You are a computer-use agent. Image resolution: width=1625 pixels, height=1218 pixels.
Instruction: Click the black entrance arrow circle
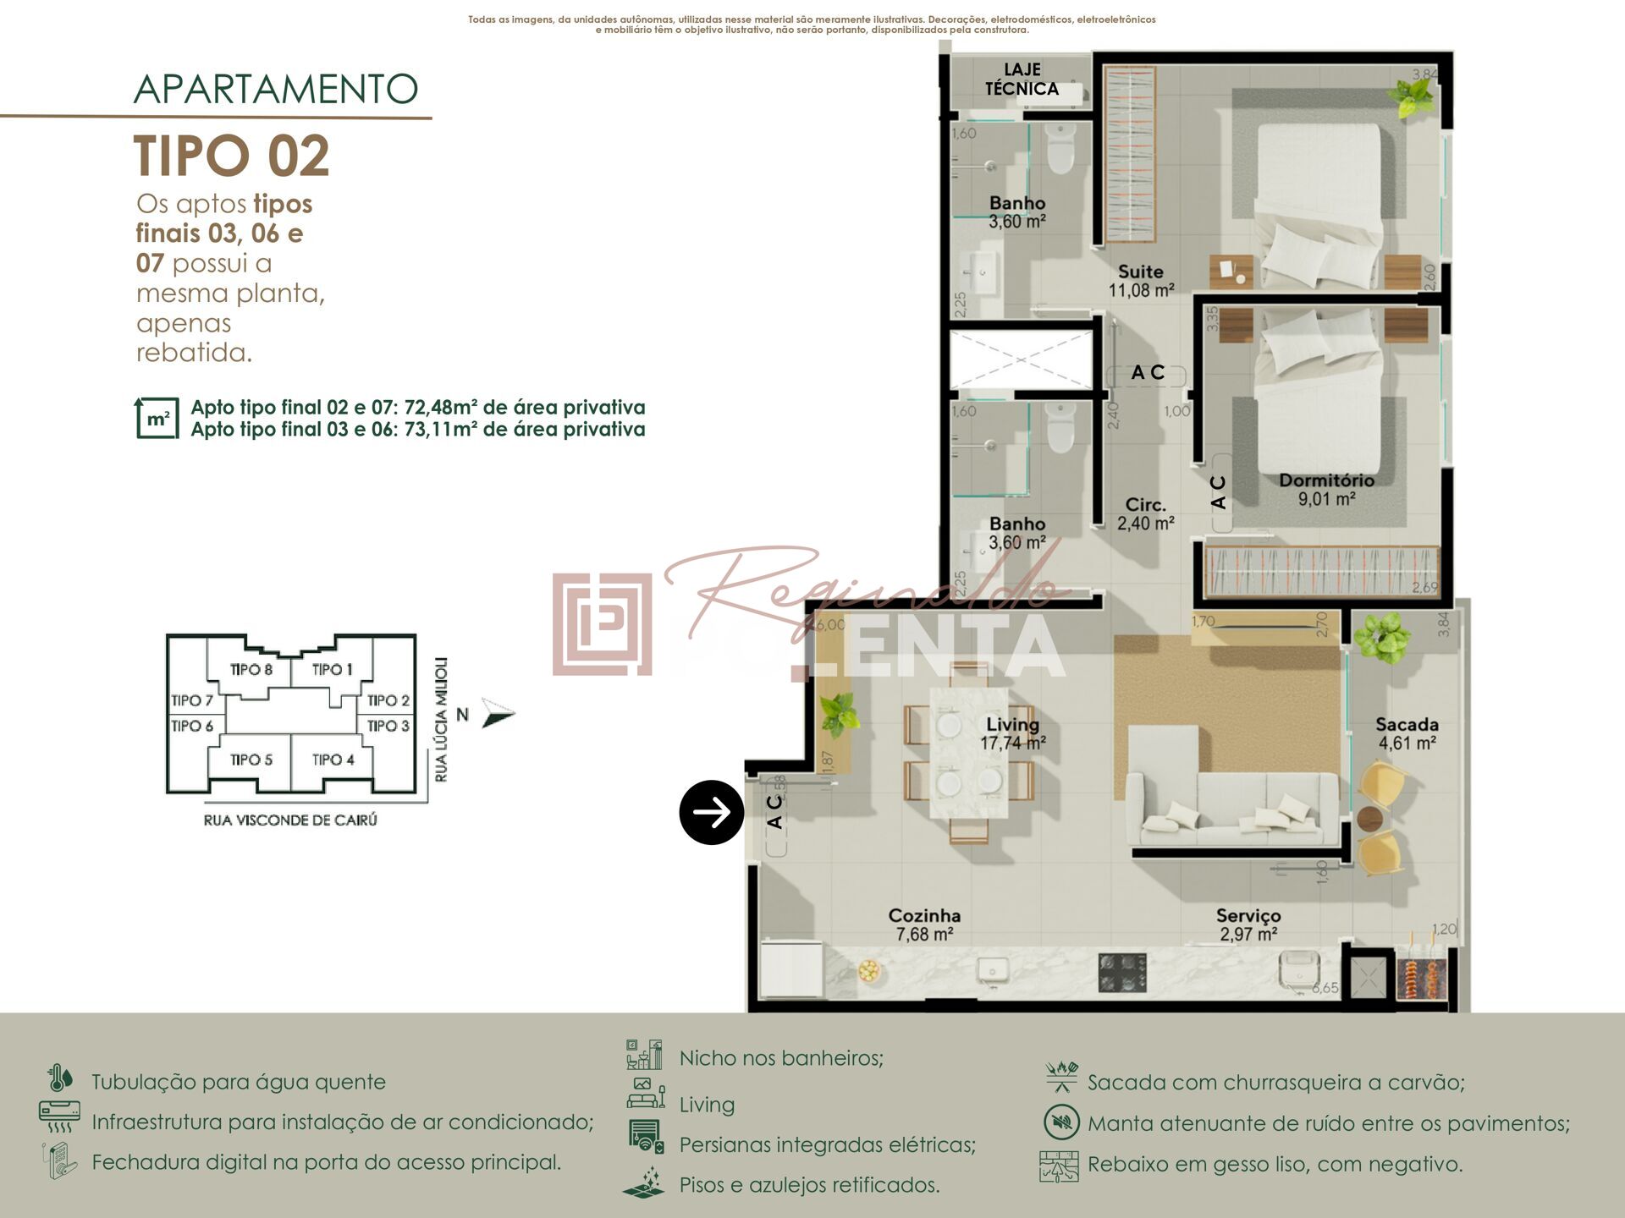point(711,812)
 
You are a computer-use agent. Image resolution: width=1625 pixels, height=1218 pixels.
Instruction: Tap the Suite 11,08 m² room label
point(1141,281)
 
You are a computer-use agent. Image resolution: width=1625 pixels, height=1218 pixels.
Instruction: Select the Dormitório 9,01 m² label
point(1326,490)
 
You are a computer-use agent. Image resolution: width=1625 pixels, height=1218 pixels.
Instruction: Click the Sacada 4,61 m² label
point(1407,733)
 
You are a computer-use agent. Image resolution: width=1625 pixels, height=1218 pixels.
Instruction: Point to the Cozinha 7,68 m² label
point(924,924)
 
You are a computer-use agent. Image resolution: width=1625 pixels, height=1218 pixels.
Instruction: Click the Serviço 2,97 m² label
point(1248,924)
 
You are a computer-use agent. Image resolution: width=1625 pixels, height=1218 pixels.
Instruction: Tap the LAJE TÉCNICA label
point(1022,80)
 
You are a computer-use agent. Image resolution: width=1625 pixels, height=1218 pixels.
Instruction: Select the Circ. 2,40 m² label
point(1145,513)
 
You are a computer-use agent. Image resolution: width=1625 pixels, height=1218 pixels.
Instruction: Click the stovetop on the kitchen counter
point(1122,972)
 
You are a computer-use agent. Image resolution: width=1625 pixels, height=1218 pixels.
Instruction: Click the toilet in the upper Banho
point(1060,151)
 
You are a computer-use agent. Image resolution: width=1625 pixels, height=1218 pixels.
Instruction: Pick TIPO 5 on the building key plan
point(251,760)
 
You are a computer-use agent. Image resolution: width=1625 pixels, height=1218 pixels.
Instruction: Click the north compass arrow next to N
point(498,715)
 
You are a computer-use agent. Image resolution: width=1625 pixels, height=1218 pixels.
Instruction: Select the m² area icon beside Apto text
point(157,418)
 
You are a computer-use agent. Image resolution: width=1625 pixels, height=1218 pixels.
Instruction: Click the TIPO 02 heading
point(231,156)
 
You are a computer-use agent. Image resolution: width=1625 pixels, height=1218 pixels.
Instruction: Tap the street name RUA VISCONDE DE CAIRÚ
point(290,820)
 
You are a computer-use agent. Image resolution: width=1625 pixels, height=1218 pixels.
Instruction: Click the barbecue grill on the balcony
point(1424,979)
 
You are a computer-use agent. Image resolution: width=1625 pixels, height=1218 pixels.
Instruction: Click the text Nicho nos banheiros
point(781,1058)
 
